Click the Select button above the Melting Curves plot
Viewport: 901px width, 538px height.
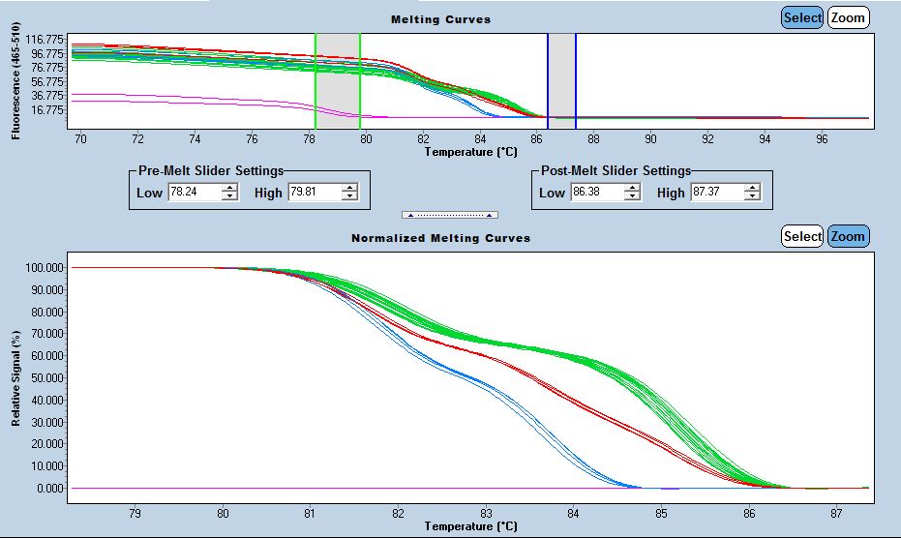tap(801, 17)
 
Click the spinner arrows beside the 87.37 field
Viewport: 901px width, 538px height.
tap(752, 193)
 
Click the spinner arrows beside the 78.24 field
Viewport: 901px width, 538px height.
tap(229, 193)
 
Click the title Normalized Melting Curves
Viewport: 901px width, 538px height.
tap(440, 238)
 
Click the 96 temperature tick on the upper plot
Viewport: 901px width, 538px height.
tap(822, 139)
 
